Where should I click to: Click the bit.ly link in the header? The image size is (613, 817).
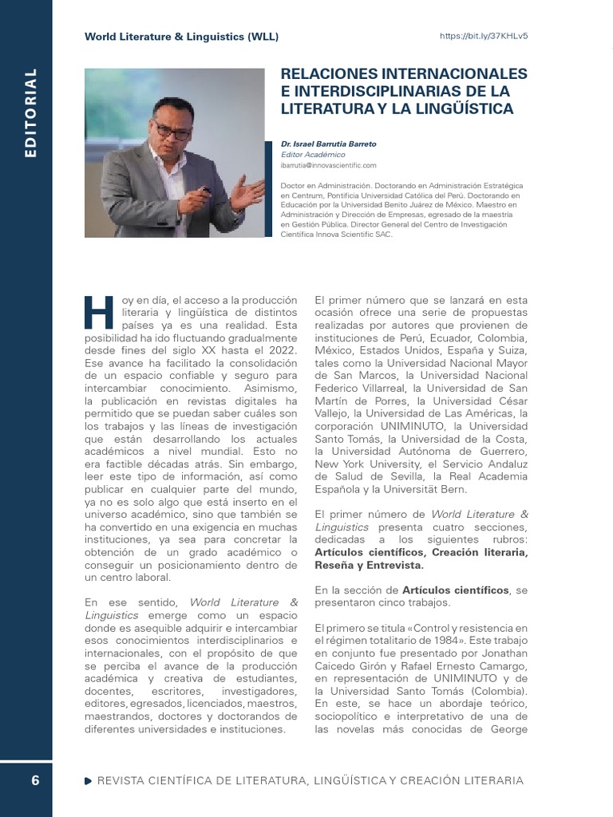point(484,37)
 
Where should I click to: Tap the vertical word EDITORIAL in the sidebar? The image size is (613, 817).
point(31,112)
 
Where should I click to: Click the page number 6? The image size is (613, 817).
point(35,780)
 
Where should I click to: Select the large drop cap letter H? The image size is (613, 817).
point(100,312)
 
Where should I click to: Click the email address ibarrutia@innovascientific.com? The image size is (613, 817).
point(328,165)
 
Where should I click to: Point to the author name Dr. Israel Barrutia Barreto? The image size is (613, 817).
point(329,144)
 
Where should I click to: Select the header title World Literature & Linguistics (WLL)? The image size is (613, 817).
point(182,37)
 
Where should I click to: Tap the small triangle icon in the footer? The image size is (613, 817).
point(87,780)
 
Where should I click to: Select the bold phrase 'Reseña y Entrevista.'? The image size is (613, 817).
point(370,565)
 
